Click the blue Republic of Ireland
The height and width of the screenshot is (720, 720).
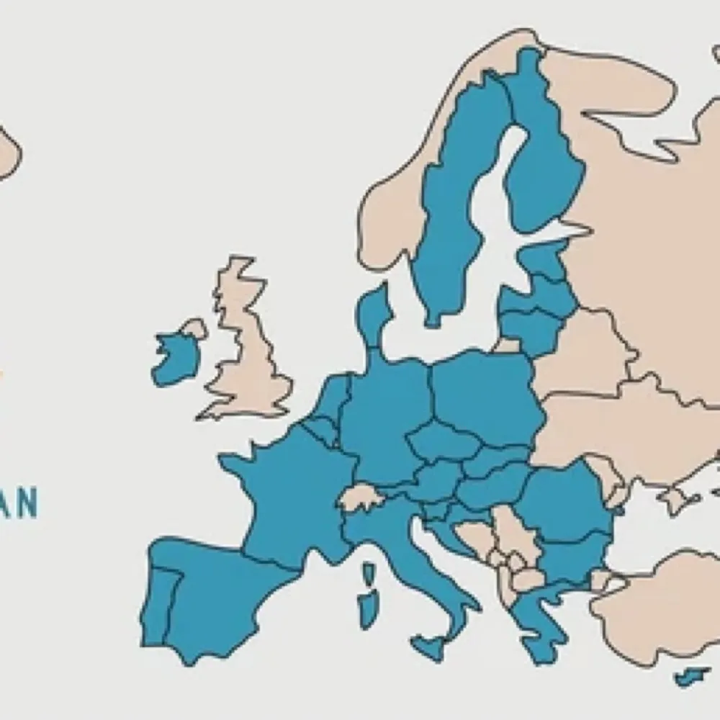(174, 358)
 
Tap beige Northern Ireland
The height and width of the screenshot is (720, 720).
(194, 329)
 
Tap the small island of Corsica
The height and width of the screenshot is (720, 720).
(369, 573)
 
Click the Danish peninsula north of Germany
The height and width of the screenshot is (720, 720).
(373, 317)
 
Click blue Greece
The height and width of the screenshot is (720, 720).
(536, 619)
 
